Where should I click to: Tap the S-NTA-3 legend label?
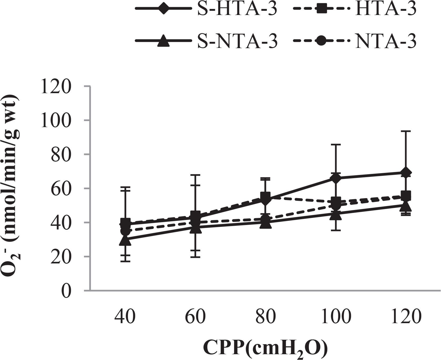coord(237,42)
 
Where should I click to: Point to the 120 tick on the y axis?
coord(55,86)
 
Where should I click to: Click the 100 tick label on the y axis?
coord(55,120)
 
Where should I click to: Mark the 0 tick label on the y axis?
coord(65,291)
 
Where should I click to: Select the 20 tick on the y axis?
coord(60,257)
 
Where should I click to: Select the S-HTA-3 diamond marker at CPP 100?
coord(335,178)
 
